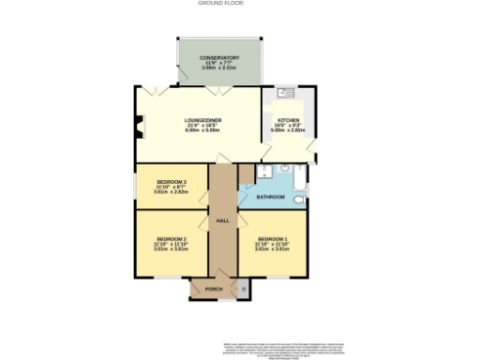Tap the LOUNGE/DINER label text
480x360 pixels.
click(198, 120)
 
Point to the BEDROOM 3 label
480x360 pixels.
click(171, 181)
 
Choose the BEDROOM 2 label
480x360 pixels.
click(172, 239)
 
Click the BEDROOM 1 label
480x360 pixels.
click(271, 239)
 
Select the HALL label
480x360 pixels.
click(223, 220)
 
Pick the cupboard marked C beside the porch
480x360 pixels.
click(245, 290)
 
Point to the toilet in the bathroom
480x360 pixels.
click(298, 199)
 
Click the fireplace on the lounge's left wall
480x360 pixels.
click(139, 126)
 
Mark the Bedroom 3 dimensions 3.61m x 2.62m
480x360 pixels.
click(171, 191)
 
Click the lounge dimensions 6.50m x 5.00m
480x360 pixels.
click(198, 130)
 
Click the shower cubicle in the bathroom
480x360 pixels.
click(264, 172)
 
